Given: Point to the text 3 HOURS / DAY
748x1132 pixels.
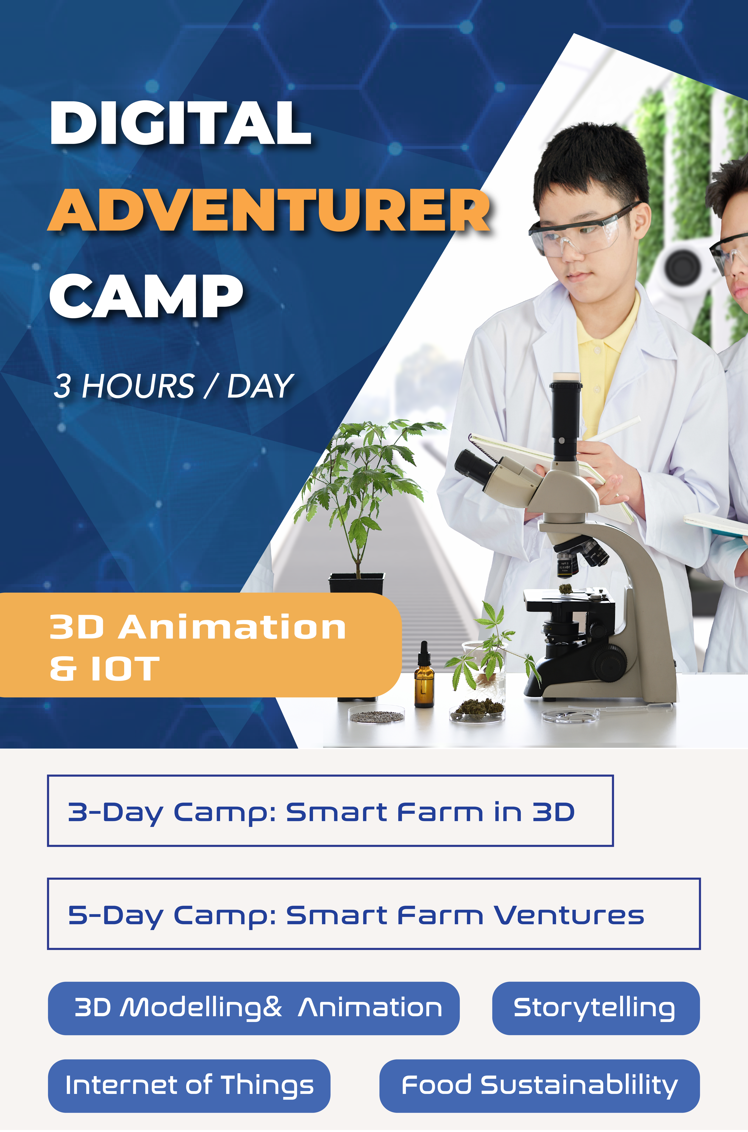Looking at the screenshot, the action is [x=173, y=386].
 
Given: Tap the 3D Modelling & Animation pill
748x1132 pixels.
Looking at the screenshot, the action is [x=254, y=1008].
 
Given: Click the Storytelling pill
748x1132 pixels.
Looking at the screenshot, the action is [x=596, y=1008].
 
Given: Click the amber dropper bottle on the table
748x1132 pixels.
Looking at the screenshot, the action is [x=424, y=675].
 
